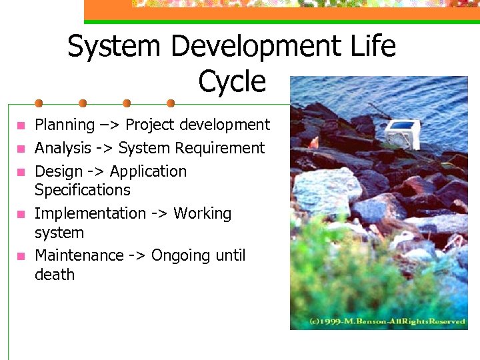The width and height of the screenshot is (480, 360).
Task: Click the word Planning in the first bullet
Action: point(65,125)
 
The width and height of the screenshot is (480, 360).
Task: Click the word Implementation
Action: point(90,214)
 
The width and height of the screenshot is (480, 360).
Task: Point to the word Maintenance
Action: point(79,256)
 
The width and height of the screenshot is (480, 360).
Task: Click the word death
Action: point(55,275)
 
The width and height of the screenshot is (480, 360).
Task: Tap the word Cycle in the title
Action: point(232,81)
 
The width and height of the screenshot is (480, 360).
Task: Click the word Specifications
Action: point(83,190)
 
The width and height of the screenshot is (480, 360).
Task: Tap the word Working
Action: point(203,214)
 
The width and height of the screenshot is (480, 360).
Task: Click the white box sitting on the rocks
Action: point(403,134)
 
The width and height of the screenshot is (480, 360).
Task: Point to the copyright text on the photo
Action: point(386,321)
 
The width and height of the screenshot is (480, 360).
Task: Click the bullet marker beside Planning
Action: point(21,125)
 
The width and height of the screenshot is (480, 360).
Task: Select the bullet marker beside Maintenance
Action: point(21,256)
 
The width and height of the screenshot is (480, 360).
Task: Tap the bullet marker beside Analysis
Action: point(21,148)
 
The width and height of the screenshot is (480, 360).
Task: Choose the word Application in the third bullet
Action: point(148,171)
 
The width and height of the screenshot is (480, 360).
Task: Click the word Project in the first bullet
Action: point(150,125)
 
